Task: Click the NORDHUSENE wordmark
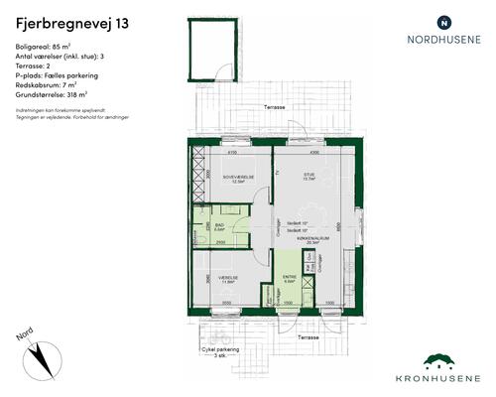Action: coord(443,41)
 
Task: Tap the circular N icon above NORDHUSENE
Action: coord(443,22)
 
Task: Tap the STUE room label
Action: coord(309,177)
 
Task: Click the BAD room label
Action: coord(220,225)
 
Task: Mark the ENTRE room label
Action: coord(290,278)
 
